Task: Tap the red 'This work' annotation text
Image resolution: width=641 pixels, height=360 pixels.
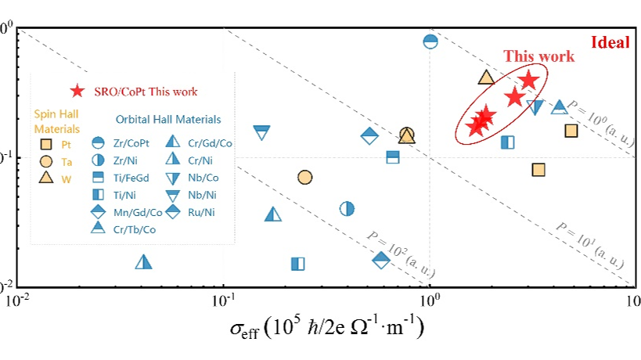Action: [538, 56]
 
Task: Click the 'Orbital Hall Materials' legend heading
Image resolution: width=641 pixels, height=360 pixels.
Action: [168, 120]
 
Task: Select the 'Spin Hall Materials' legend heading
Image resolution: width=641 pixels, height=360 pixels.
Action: [56, 122]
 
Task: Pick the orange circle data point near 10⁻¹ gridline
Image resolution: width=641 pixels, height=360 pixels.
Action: [305, 178]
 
